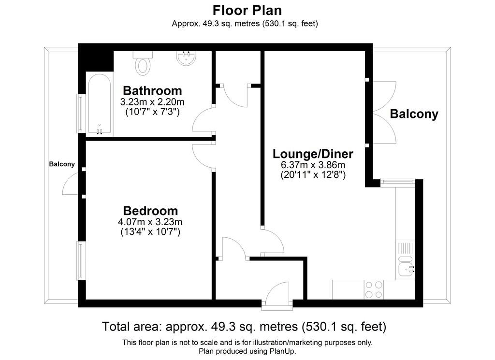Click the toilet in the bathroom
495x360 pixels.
point(143,63)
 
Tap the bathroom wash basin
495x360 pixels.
point(186,58)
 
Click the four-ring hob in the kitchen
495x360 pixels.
point(374,289)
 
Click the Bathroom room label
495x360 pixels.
point(152,90)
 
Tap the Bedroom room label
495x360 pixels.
point(151,211)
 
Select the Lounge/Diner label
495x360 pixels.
point(313,154)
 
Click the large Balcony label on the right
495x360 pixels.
point(414,114)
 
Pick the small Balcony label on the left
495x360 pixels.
point(62,164)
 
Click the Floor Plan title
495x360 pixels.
point(247,10)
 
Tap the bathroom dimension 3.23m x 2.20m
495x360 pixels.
point(152,102)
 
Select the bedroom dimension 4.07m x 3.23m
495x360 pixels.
point(150,222)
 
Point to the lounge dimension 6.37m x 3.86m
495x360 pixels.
point(313,165)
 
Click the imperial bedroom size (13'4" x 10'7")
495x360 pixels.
point(150,232)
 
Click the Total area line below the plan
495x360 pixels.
point(244,326)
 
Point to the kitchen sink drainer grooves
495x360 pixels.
point(406,248)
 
